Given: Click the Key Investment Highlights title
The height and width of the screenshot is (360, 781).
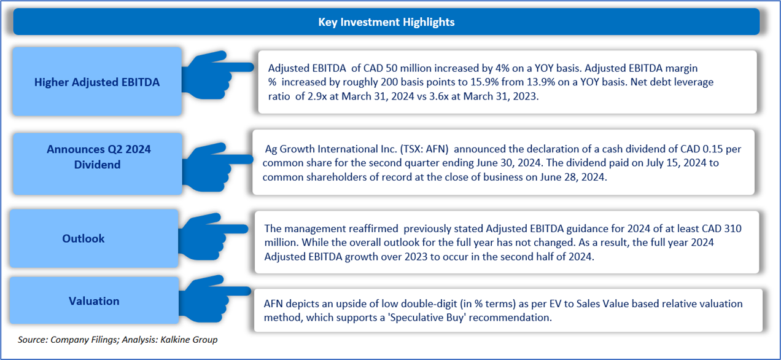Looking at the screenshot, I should coord(386,22).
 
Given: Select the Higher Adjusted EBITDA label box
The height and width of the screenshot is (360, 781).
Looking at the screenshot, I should coord(97,82).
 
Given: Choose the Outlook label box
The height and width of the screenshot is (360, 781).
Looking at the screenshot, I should coord(84,238).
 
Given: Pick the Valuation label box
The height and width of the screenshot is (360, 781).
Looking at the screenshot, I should coord(94,301).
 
